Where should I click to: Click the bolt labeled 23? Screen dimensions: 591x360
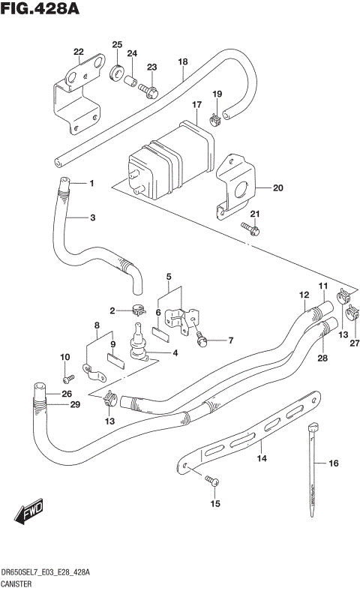click(x=148, y=91)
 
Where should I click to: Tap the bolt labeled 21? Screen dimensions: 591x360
click(x=250, y=228)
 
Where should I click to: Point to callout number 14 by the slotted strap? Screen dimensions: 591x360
click(x=262, y=457)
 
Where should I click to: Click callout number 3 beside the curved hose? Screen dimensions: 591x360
click(x=93, y=218)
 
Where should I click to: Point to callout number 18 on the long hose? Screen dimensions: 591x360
click(x=182, y=62)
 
